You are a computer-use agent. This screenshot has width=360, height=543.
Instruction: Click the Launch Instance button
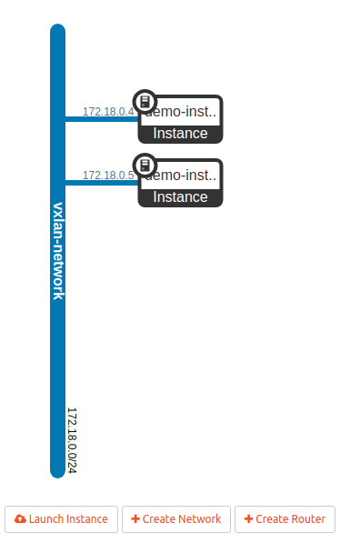coord(61,518)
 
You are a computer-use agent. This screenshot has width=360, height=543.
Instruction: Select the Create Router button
coord(285,518)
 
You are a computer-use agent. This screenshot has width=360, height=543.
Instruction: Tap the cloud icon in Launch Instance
coord(21,518)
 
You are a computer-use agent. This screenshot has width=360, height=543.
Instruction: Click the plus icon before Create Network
coord(135,518)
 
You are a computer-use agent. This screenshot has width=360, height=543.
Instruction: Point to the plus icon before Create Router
coord(248,518)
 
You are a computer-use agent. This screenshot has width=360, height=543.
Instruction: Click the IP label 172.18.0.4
coord(107,112)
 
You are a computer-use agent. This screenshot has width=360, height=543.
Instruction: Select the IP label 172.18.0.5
coord(107,175)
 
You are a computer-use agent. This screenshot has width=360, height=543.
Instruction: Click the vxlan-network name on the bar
coord(58,250)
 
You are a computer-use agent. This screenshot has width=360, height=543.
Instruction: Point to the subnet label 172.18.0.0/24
coord(72,439)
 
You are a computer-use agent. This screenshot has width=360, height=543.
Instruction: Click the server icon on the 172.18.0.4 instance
coord(145,101)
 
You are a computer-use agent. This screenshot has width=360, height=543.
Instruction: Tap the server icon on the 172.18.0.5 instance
coord(145,165)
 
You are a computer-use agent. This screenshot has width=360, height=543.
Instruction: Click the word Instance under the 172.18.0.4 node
coord(180,134)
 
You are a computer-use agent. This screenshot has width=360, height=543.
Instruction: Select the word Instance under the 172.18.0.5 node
coord(180,196)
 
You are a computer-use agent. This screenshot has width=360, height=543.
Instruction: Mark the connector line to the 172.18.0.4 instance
coord(100,119)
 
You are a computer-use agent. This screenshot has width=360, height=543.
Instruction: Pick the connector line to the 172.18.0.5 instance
coord(100,182)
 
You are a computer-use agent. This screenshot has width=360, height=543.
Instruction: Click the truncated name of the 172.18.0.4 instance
coord(186,112)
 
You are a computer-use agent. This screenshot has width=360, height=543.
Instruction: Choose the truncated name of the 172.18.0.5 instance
coord(186,175)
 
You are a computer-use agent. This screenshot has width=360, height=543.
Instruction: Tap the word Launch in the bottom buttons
coord(45,518)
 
